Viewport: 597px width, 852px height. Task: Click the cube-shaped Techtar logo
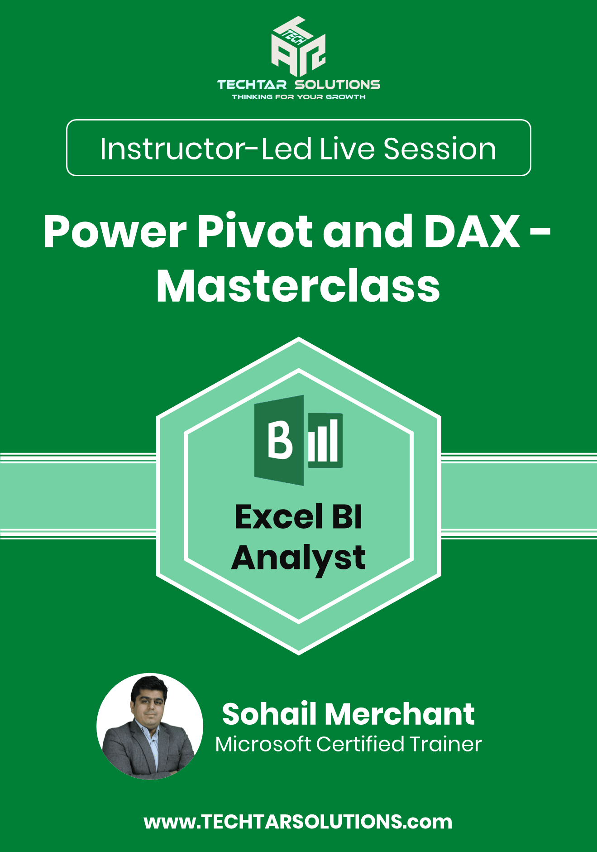coord(298,47)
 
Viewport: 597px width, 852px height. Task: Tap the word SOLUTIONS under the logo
coord(338,85)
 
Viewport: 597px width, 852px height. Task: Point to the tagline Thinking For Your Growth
coord(299,97)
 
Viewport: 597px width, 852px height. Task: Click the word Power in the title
coord(115,231)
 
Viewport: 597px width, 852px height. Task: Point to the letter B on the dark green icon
coord(279,440)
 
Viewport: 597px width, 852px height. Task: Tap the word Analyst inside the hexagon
coord(298,558)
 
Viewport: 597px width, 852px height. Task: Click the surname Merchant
coord(400,714)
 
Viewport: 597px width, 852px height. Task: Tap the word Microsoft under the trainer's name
coord(263,744)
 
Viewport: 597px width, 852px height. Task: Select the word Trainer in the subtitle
coord(445,744)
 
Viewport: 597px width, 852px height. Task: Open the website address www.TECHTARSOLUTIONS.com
coord(298,822)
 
